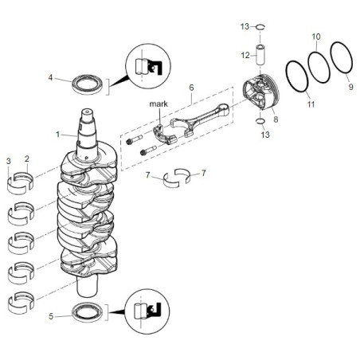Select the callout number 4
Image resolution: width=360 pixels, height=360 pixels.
(x=51, y=78)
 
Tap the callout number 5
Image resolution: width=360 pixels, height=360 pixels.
(x=51, y=316)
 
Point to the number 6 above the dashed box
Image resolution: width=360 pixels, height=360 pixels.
(x=191, y=87)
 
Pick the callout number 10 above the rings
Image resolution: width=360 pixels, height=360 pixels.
(x=315, y=37)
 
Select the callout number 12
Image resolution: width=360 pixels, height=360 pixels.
(x=245, y=55)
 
